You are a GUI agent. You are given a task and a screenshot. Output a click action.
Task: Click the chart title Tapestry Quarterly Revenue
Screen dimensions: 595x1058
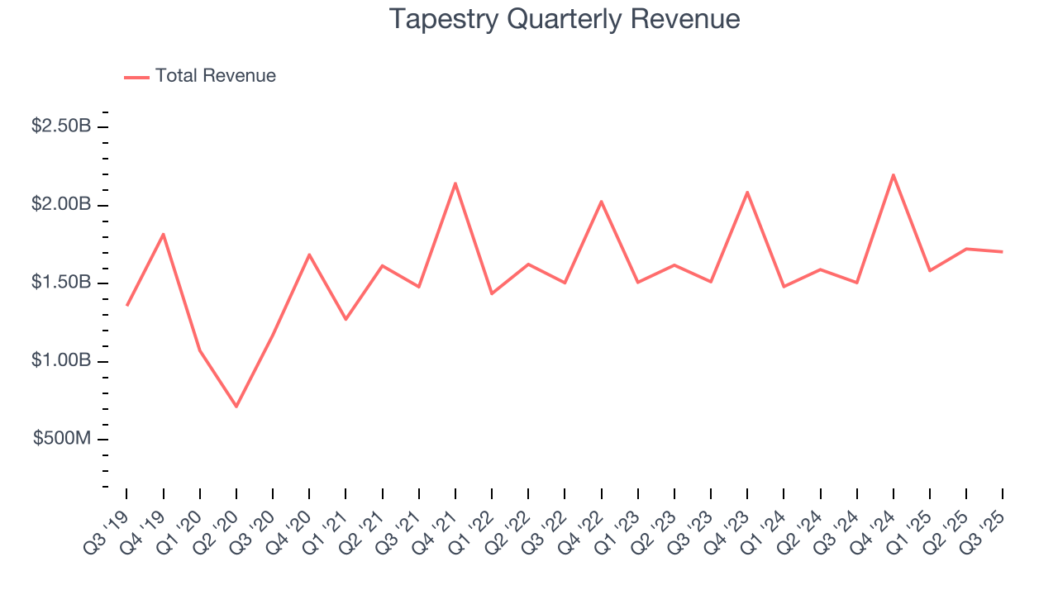(x=565, y=19)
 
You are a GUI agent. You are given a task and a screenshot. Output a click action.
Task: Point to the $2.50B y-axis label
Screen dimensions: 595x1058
(x=61, y=126)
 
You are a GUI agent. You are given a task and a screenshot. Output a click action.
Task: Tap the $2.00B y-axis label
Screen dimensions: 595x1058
(x=61, y=204)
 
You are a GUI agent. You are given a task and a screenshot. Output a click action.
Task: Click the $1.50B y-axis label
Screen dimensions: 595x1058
(x=61, y=283)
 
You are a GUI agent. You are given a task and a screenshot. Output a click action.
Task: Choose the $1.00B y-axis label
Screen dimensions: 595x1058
(x=61, y=361)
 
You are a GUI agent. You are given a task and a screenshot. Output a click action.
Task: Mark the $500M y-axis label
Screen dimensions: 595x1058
(x=62, y=439)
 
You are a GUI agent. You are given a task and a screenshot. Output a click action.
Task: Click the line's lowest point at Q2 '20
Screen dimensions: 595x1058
(x=236, y=406)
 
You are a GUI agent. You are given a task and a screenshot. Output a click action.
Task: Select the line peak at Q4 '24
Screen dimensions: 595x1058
(x=894, y=174)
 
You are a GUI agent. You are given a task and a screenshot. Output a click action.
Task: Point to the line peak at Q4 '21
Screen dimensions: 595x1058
(x=455, y=183)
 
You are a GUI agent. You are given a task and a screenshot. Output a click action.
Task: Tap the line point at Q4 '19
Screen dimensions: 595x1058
(x=164, y=234)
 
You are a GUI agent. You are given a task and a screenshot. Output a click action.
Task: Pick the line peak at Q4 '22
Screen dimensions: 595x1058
(x=601, y=202)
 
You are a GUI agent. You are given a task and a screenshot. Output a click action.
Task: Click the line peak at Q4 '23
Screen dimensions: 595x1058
(x=747, y=193)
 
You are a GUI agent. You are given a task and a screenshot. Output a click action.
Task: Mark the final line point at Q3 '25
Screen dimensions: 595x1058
(x=1003, y=251)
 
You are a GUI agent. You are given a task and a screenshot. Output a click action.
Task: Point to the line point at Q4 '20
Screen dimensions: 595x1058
(x=309, y=255)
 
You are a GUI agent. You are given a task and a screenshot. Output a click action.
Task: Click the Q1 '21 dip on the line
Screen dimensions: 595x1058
(x=346, y=319)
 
